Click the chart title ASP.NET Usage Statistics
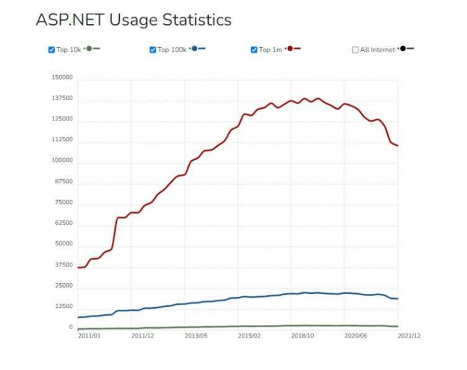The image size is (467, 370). [133, 20]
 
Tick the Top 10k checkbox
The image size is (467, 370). [52, 50]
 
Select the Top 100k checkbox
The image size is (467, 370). [153, 50]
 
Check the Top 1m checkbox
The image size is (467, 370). [254, 50]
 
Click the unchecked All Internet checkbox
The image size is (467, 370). [355, 50]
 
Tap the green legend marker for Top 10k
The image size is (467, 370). [89, 48]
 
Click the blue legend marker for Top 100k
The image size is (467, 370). [195, 48]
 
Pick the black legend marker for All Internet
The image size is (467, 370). [403, 48]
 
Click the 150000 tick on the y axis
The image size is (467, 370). [62, 78]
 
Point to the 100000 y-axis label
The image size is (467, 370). [62, 161]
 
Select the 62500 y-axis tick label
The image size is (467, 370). [64, 223]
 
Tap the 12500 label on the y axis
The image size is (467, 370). [64, 307]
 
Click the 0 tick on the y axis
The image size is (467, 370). [71, 327]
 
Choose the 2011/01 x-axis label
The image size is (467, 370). [89, 336]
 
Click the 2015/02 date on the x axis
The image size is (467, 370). [250, 336]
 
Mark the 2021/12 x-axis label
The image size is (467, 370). [409, 336]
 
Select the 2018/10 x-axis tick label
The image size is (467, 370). [303, 336]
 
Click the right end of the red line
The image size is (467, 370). [398, 146]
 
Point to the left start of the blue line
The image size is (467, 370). [79, 317]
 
